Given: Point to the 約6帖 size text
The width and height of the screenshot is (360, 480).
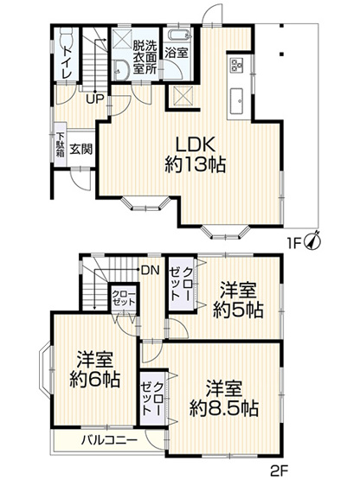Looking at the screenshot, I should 95,379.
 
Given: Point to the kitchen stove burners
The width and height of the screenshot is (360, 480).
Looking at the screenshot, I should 236,66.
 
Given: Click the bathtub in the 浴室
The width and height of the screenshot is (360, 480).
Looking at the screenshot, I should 178,36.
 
